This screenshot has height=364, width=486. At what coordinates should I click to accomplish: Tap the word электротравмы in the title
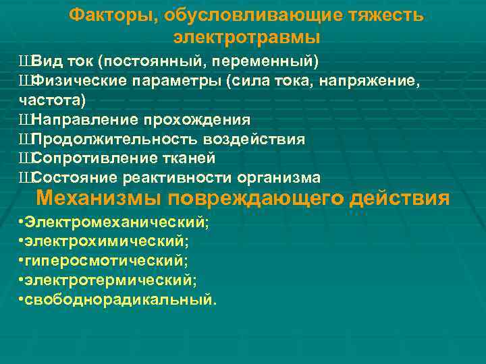click(246, 36)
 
